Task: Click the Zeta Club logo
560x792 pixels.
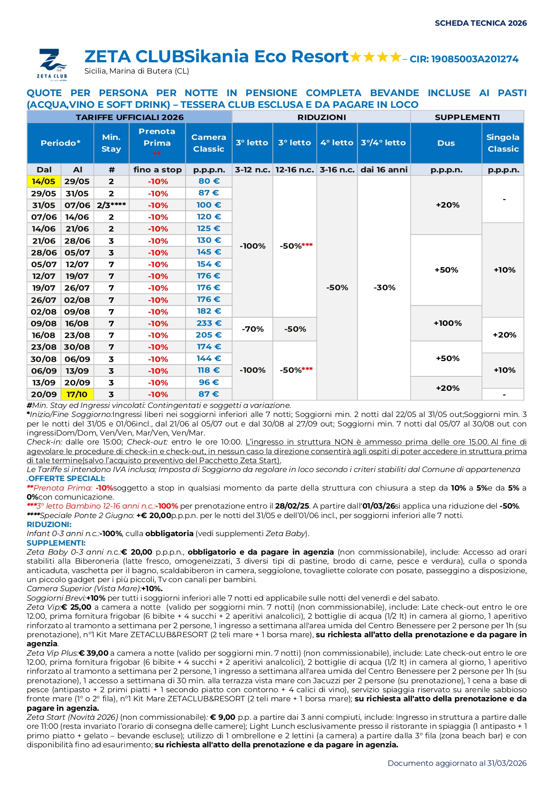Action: pyautogui.click(x=52, y=63)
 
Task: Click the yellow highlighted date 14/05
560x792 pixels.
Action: pyautogui.click(x=43, y=181)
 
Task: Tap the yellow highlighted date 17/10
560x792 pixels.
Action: pyautogui.click(x=77, y=394)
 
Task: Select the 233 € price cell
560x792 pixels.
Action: pyautogui.click(x=208, y=323)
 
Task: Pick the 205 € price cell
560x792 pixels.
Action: pyautogui.click(x=208, y=335)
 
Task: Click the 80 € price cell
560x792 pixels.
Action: pyautogui.click(x=208, y=181)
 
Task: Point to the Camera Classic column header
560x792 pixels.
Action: pyautogui.click(x=208, y=143)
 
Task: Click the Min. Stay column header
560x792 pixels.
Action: pyautogui.click(x=111, y=143)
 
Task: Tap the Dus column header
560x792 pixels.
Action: pyautogui.click(x=446, y=143)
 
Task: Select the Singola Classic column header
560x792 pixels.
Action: pyautogui.click(x=503, y=143)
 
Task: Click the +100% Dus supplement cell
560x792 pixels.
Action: pyautogui.click(x=448, y=323)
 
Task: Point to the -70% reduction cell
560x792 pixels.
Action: pyautogui.click(x=253, y=329)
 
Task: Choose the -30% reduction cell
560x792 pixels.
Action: pyautogui.click(x=384, y=287)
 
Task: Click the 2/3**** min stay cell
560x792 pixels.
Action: pyautogui.click(x=111, y=205)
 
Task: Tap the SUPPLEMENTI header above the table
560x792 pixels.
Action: pyautogui.click(x=467, y=117)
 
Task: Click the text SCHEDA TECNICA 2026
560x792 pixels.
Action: pyautogui.click(x=481, y=23)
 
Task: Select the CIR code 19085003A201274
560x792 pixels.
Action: pyautogui.click(x=475, y=59)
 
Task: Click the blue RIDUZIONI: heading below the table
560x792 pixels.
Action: pyautogui.click(x=49, y=524)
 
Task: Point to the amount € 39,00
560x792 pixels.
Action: pyautogui.click(x=94, y=653)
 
